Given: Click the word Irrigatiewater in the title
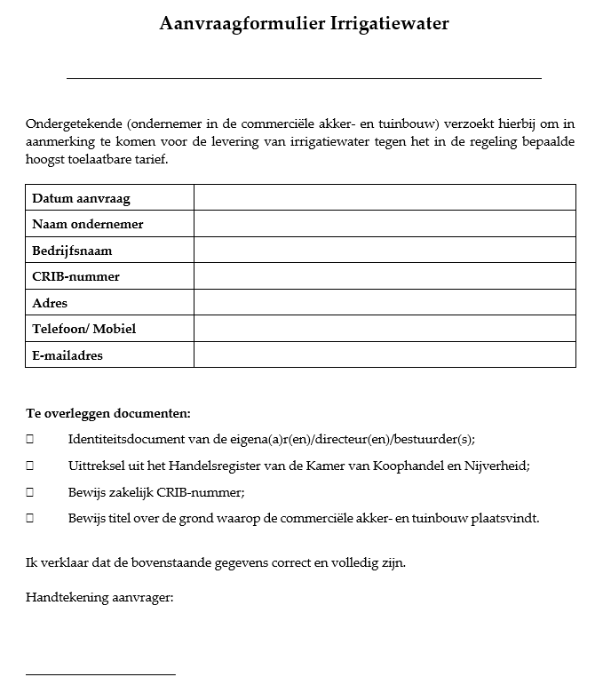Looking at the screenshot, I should [x=390, y=24].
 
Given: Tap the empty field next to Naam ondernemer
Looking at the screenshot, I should [x=385, y=224].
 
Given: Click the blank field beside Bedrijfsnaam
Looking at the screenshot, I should [x=385, y=250].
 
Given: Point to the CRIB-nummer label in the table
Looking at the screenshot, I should [x=75, y=276].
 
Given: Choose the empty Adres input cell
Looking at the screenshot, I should [x=385, y=302].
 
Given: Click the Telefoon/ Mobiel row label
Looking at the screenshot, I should [x=84, y=329].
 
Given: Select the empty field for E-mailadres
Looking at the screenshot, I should [x=385, y=355].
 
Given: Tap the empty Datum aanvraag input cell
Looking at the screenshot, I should [x=385, y=197].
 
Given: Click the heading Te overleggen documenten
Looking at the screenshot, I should [x=108, y=413].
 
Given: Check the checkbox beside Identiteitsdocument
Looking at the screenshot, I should [x=30, y=440].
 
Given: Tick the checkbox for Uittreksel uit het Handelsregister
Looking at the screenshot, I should [x=30, y=466].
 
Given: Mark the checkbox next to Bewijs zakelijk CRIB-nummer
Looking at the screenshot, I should [x=30, y=491].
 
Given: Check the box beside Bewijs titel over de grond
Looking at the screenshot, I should [x=30, y=518].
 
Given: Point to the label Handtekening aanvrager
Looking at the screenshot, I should [x=99, y=597].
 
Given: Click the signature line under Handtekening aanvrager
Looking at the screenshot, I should [x=100, y=674].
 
